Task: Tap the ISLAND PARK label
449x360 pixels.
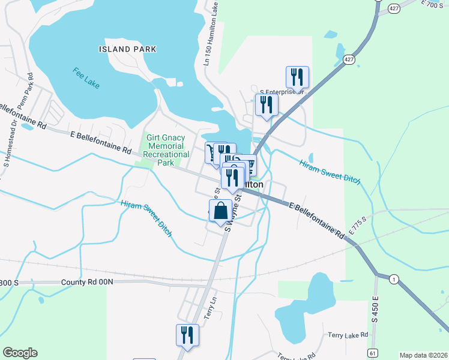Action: pos(128,49)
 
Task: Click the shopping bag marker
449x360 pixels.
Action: pos(220,211)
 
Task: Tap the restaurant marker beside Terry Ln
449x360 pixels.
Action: pos(187,335)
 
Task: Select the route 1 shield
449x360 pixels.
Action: pos(393,279)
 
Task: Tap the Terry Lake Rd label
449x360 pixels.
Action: pos(348,334)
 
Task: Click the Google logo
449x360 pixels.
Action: pos(20,353)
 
